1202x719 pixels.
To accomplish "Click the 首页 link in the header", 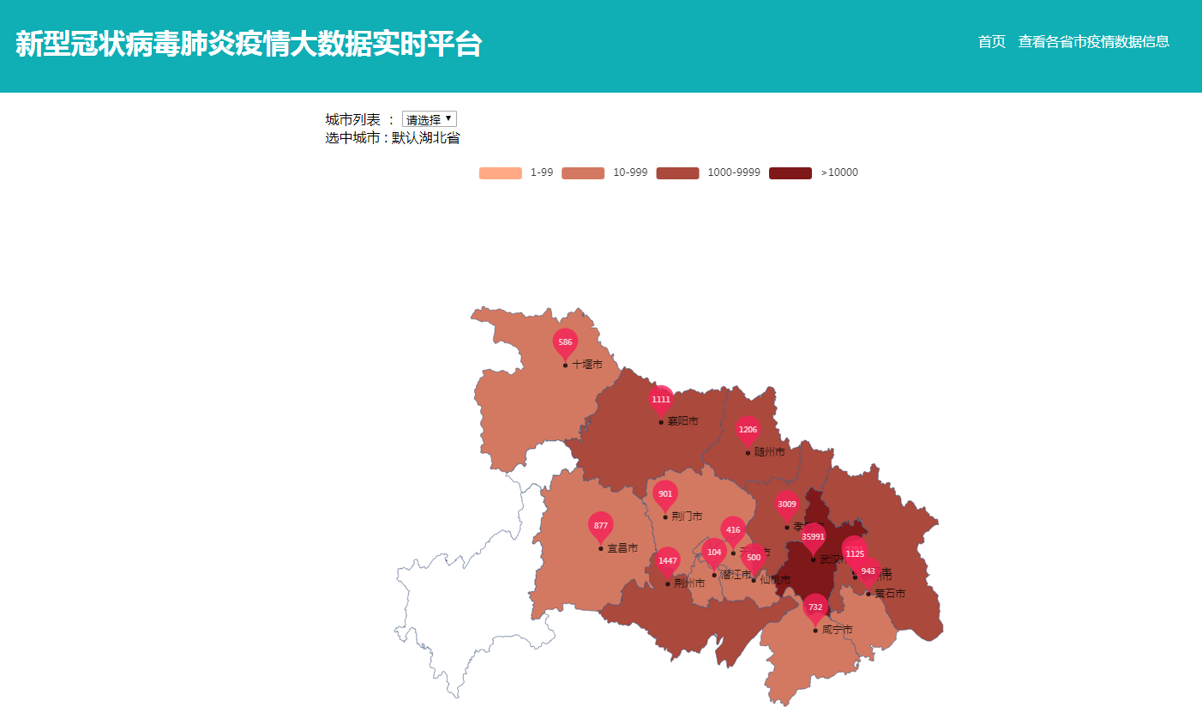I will (991, 41).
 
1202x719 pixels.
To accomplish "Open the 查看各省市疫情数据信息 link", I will (1093, 41).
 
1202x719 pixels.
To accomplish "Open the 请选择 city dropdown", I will (429, 119).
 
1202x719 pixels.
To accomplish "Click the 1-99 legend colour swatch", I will (500, 173).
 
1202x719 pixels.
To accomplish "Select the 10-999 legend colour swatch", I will (583, 173).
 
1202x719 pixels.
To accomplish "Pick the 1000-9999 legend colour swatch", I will (677, 173).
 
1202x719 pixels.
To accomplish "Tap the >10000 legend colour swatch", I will (790, 173).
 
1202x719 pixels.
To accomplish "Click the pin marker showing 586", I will (565, 343).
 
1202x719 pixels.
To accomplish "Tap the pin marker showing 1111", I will (661, 400).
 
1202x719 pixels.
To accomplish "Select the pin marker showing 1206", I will (748, 430).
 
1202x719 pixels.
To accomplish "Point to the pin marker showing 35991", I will (813, 537).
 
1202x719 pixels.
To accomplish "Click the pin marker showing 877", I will (601, 526).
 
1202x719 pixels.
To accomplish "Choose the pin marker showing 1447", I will (668, 561).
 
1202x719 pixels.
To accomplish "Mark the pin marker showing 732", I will (815, 607).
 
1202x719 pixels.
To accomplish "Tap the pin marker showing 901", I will (665, 494).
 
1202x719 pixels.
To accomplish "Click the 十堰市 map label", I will (587, 365).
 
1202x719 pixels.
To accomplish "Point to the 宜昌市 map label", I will (622, 548).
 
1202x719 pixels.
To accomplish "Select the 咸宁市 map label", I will (837, 630).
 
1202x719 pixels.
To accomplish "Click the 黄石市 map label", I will (889, 593).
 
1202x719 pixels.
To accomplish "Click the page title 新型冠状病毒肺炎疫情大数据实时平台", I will (249, 45).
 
